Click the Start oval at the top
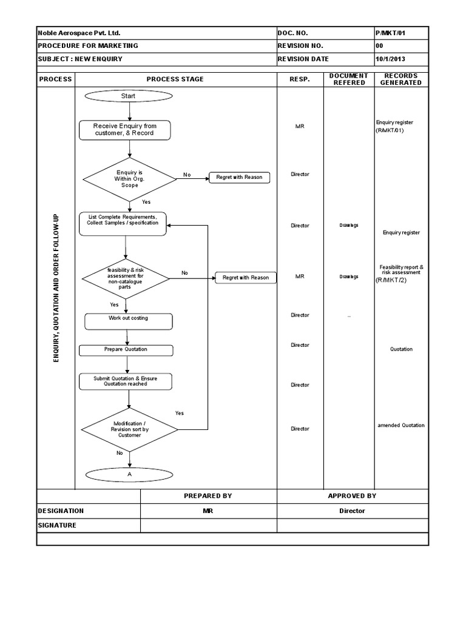[128, 96]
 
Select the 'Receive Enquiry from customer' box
[124, 130]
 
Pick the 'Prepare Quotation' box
[126, 350]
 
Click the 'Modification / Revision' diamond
[129, 429]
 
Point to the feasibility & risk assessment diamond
[126, 278]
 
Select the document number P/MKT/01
[388, 33]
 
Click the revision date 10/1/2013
[391, 59]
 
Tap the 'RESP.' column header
[300, 79]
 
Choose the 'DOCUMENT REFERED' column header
[349, 79]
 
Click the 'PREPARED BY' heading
[208, 496]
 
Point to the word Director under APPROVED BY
[352, 511]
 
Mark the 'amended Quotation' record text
[400, 426]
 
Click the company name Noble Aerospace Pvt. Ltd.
[75, 33]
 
